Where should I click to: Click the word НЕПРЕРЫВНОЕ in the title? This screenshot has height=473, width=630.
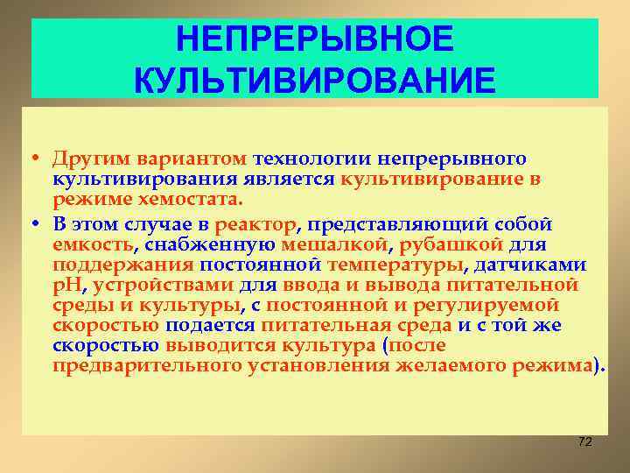(x=314, y=39)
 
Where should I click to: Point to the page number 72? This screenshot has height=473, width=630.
(x=585, y=441)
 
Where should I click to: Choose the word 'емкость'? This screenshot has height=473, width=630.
(x=91, y=244)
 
